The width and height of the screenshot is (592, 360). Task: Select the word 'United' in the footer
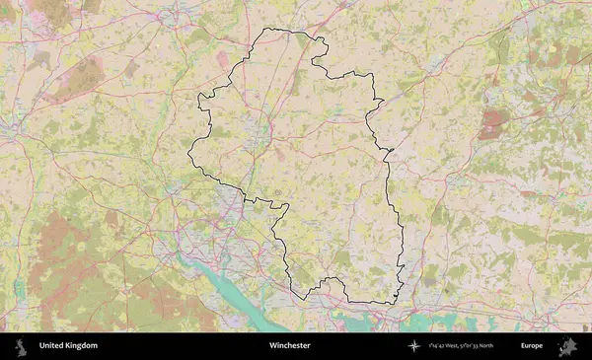[52, 346]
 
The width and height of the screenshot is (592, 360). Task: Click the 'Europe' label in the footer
[532, 346]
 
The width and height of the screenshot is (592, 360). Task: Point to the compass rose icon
[413, 346]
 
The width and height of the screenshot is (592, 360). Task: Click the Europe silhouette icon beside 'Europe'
[567, 346]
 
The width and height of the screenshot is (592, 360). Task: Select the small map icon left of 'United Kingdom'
[21, 346]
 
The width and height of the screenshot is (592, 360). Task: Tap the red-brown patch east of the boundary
[490, 122]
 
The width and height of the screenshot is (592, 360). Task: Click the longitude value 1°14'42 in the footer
[435, 346]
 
